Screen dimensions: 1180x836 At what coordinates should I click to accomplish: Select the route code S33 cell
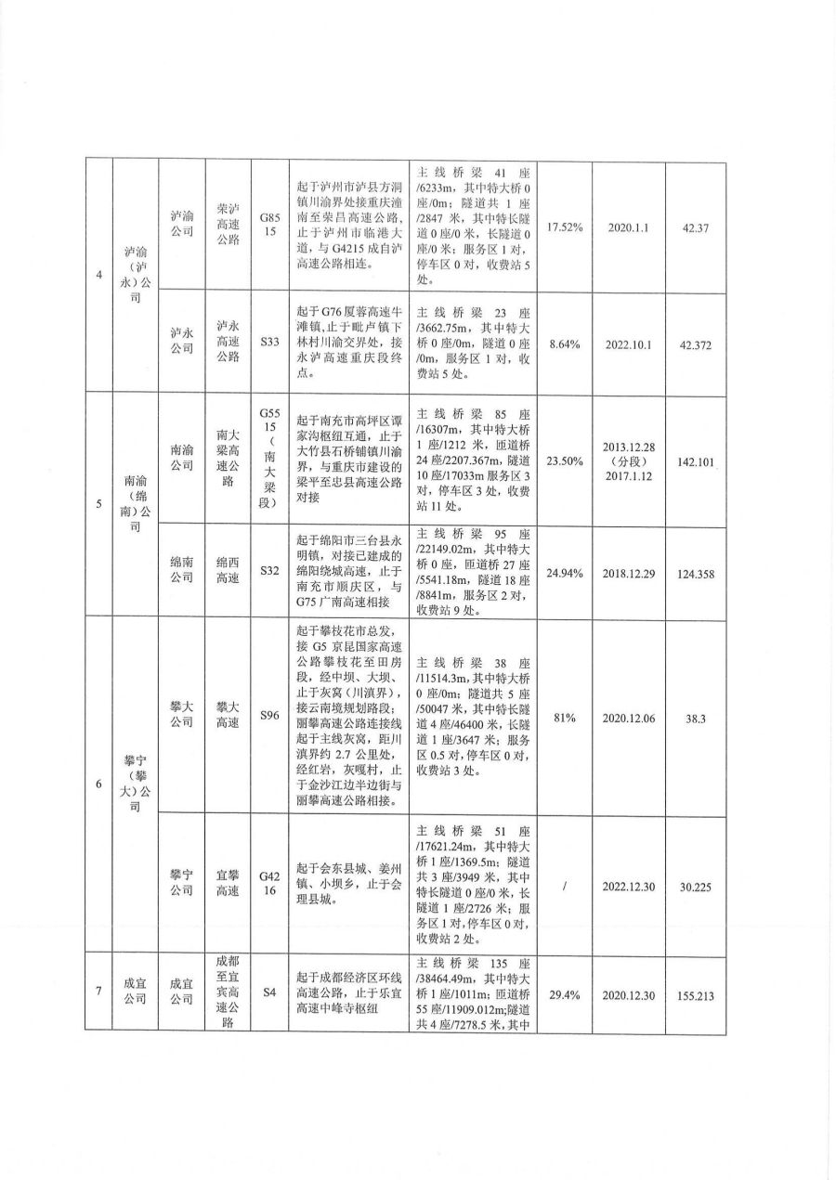269,343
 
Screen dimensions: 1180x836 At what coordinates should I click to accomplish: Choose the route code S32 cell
269,573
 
